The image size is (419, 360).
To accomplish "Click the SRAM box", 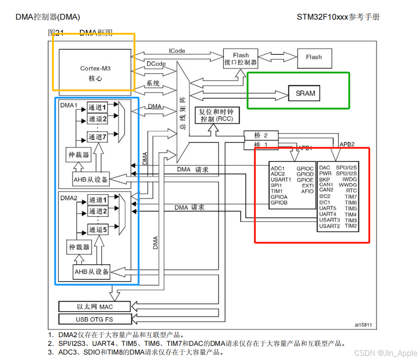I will point(305,94).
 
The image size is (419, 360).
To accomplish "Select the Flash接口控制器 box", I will point(241,59).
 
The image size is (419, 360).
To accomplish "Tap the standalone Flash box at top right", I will point(314,57).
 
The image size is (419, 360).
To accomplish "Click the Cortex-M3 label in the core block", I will point(95,68).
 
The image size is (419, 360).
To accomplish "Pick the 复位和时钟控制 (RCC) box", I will point(213,116).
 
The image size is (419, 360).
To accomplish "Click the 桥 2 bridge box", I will point(261,136).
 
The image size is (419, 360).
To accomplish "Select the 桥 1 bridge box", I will point(261,145).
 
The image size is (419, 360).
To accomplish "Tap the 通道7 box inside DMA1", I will point(98,137).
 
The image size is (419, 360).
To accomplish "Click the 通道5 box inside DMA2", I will point(98,230).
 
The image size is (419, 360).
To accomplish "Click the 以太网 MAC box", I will point(95,306).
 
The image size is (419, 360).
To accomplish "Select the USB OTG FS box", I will point(95,318).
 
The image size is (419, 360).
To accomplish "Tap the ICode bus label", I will point(177,51).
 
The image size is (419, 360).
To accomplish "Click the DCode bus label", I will point(156,63).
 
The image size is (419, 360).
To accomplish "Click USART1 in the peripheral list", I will point(280,179).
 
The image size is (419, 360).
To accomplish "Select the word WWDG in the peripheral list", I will point(347,185).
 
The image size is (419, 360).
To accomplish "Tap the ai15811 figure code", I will point(363,325).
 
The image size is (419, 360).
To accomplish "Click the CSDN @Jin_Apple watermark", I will point(392,353).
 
